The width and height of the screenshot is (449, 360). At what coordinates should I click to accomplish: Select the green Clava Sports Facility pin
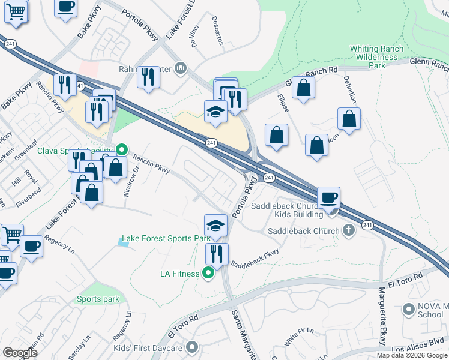pyautogui.click(x=122, y=150)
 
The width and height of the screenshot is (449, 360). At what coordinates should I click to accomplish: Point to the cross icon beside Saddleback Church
pyautogui.click(x=349, y=231)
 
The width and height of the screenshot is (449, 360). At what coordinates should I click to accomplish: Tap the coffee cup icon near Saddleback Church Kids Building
pyautogui.click(x=329, y=197)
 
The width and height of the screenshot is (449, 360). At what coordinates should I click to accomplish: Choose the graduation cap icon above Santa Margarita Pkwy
pyautogui.click(x=216, y=225)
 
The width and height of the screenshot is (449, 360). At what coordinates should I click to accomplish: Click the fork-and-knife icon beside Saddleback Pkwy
pyautogui.click(x=217, y=254)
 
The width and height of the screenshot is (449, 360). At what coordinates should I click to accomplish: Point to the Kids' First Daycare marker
pyautogui.click(x=192, y=347)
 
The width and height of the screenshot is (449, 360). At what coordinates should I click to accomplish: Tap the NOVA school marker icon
pyautogui.click(x=409, y=310)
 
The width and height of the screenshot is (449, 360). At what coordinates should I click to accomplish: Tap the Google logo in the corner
pyautogui.click(x=20, y=353)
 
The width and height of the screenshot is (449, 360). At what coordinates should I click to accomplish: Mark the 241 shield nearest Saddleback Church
pyautogui.click(x=367, y=224)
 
